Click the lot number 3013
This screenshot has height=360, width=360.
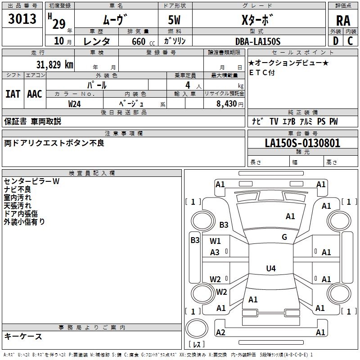click(22, 19)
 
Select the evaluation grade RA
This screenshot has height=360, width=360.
click(343, 20)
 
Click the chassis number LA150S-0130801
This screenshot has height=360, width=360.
click(302, 144)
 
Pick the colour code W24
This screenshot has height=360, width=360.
click(75, 104)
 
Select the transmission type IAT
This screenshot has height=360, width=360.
click(13, 94)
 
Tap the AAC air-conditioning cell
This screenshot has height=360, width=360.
click(34, 94)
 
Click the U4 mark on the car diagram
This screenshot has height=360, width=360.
click(270, 269)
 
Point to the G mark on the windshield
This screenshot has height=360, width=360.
click(284, 237)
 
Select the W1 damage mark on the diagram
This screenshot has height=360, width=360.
click(215, 241)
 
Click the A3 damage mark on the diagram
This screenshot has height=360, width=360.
click(215, 252)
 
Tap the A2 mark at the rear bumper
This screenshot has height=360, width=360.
click(220, 333)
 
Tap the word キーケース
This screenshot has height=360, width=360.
click(23, 337)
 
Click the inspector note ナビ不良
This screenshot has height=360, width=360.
click(18, 189)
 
